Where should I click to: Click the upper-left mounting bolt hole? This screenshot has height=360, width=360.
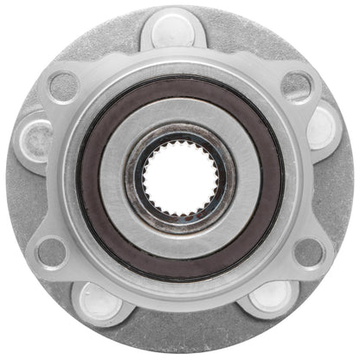pyautogui.click(x=63, y=84)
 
